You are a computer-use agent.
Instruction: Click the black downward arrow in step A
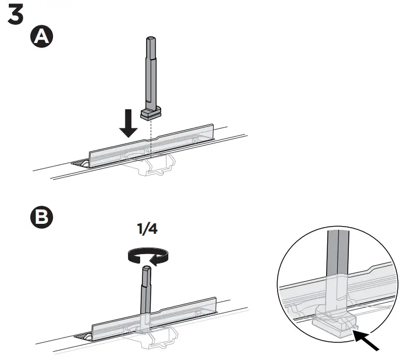[129, 124]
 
